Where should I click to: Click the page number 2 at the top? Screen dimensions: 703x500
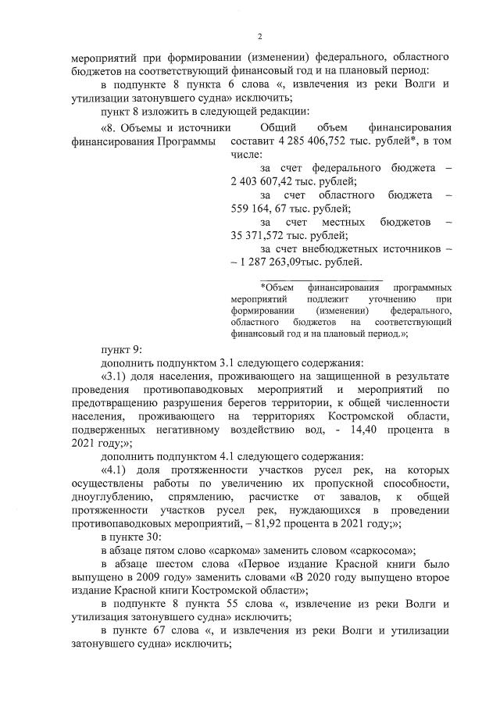260,35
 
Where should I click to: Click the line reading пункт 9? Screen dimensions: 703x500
122,348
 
